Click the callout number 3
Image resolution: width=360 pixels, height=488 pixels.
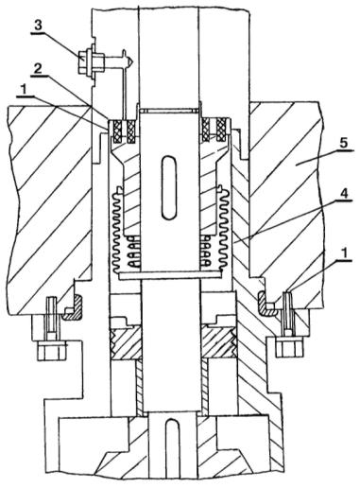(x=38, y=26)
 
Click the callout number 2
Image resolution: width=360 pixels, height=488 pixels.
(x=38, y=69)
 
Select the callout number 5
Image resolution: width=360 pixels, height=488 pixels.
(x=344, y=143)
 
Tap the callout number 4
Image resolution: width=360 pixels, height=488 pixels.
(x=345, y=194)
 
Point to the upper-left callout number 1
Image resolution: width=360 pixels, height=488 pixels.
(x=23, y=91)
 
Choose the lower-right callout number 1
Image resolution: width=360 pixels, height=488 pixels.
(x=346, y=253)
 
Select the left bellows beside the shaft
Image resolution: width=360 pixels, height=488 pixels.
(x=119, y=230)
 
